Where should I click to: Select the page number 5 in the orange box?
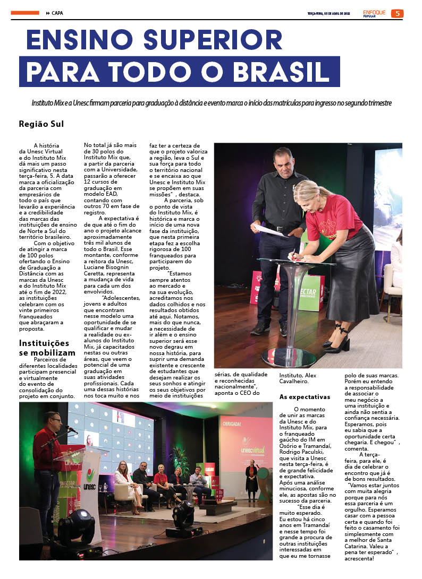pos(397,13)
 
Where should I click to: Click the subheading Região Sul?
pos(41,125)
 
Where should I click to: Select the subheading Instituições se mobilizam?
pos(44,348)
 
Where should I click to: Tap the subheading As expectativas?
pos(305,396)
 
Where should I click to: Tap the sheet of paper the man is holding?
pos(269,230)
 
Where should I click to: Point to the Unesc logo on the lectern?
pos(90,477)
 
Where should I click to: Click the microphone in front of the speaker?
pos(70,428)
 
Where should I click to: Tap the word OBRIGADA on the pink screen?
pos(233,424)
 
